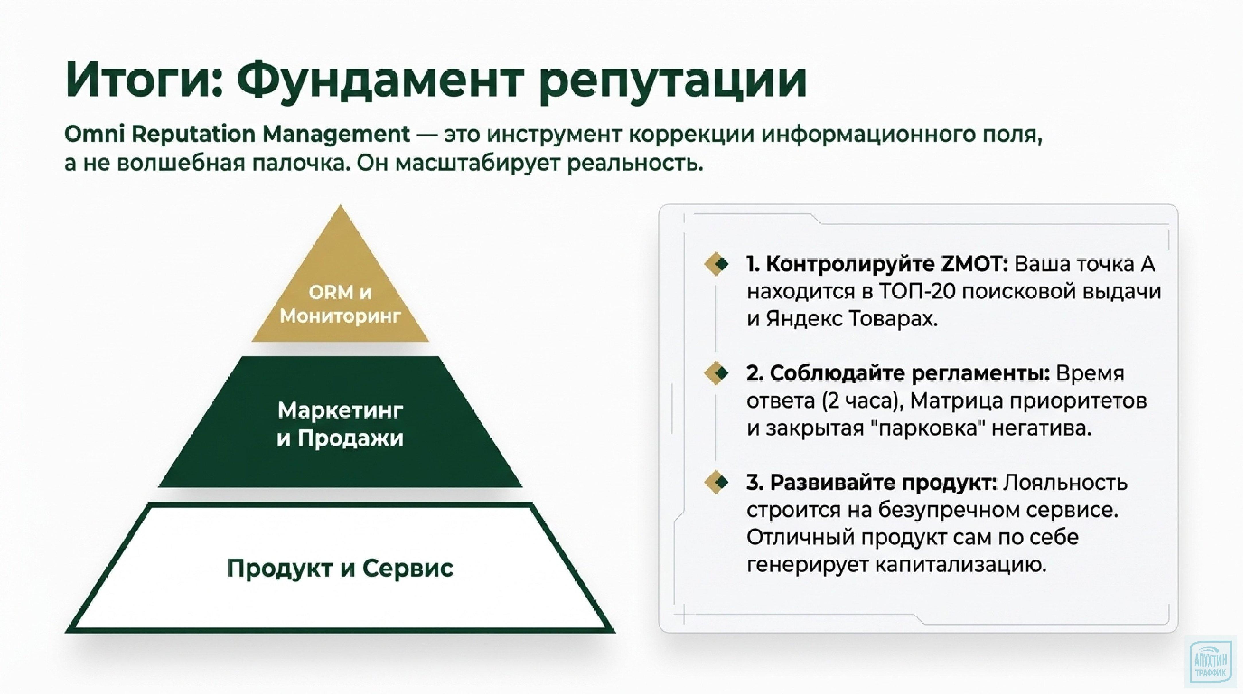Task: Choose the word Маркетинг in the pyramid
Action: [340, 411]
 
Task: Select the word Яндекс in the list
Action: [803, 320]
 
